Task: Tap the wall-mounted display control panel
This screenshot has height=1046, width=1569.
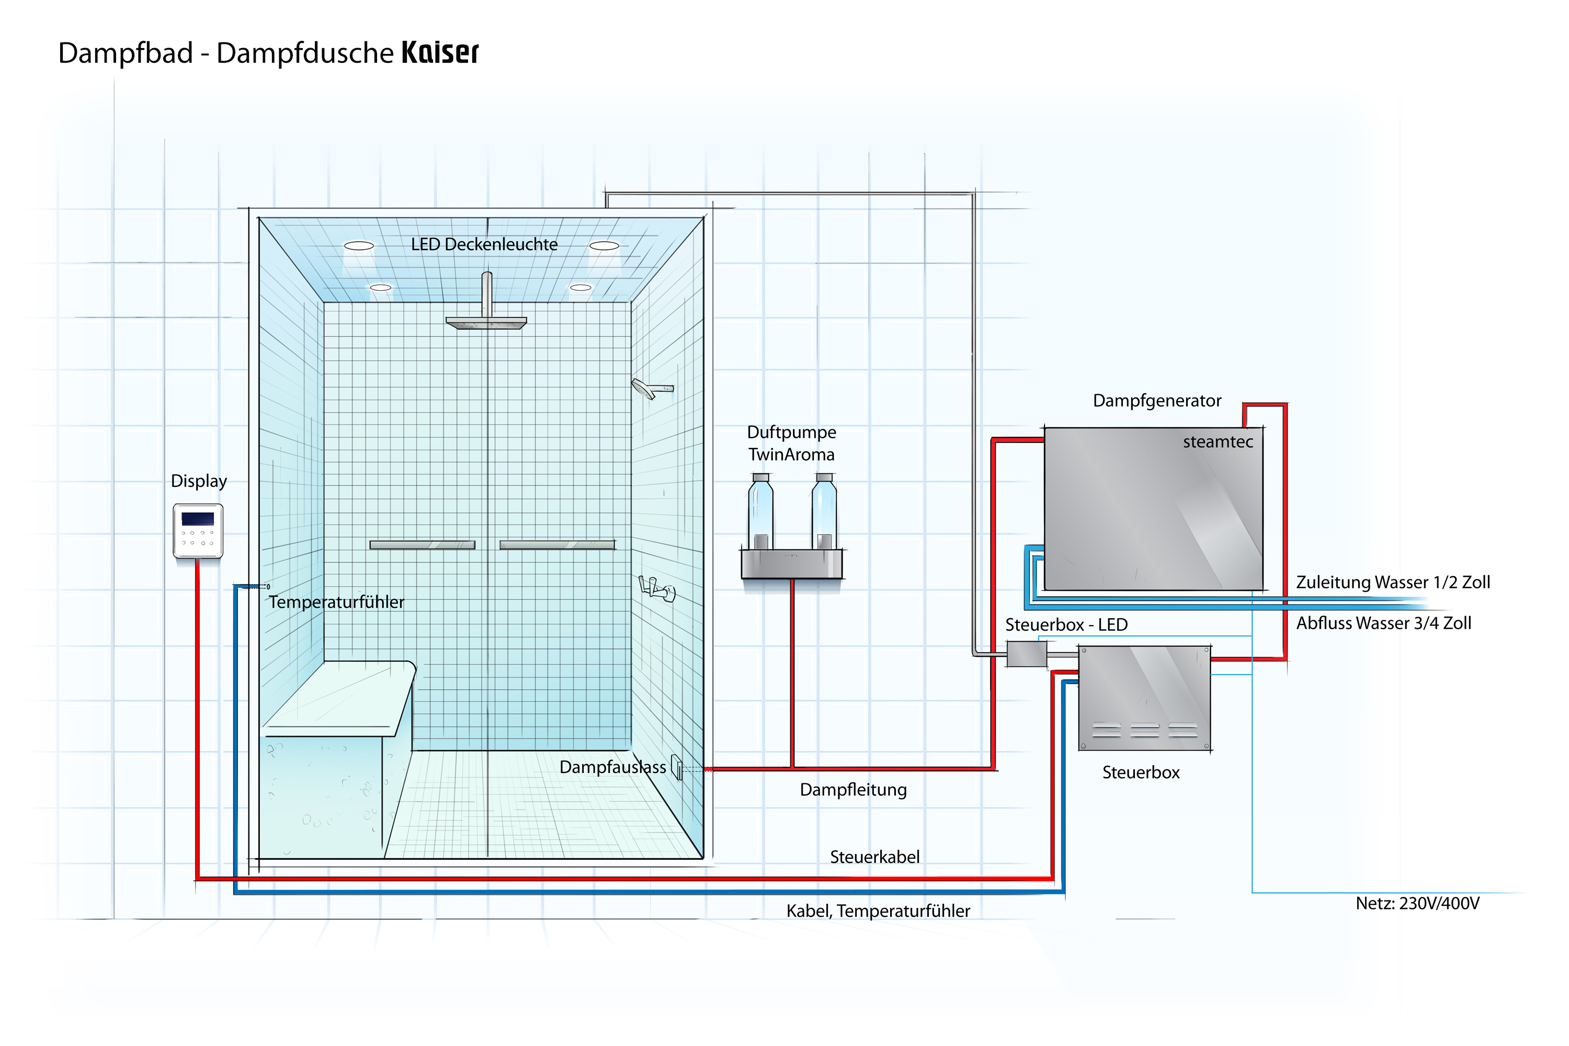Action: coord(198,531)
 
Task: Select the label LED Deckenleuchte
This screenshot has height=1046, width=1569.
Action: coord(484,244)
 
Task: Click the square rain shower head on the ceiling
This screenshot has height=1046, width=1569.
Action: coord(486,323)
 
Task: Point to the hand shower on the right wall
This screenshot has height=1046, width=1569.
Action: coord(652,388)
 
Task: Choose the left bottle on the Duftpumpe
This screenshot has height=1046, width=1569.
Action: coord(760,511)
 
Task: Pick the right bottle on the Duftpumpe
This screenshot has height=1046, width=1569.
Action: coord(825,511)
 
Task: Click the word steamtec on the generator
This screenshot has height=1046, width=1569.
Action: coord(1218,441)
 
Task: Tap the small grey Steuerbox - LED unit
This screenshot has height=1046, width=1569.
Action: coord(1027,654)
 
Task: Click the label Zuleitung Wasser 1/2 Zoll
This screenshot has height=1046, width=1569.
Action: coord(1393,583)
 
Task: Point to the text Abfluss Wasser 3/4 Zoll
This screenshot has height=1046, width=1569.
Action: coord(1383,623)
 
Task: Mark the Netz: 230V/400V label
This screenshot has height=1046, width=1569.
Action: coord(1417,903)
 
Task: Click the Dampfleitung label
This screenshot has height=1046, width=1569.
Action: coord(853,790)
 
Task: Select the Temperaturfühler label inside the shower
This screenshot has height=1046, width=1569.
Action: coord(336,602)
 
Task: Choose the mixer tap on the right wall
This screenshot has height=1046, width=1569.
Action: coord(657,588)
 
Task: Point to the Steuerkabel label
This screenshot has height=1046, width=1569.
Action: coord(874,857)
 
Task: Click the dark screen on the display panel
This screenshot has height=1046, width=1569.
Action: coord(198,518)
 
